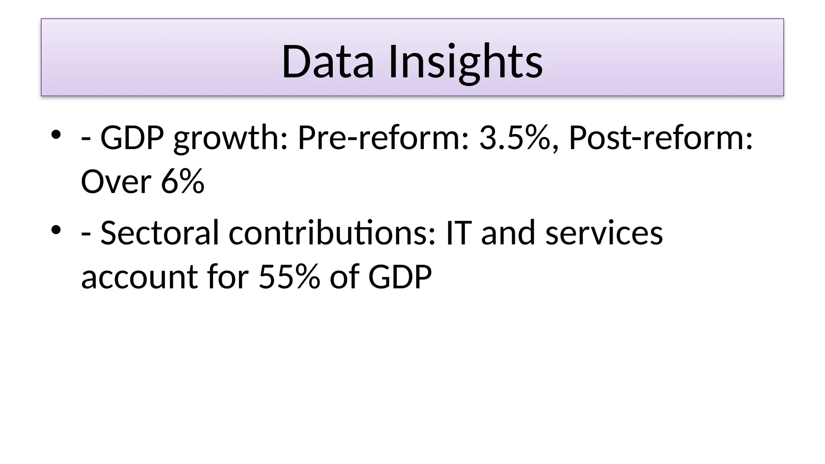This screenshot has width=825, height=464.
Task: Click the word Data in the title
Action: pyautogui.click(x=328, y=62)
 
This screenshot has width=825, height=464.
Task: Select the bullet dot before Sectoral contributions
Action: pyautogui.click(x=56, y=230)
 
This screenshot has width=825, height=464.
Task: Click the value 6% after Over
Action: pyautogui.click(x=182, y=182)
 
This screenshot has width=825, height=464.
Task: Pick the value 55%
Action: pyautogui.click(x=289, y=277)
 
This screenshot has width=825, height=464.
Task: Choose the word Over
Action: pyautogui.click(x=116, y=182)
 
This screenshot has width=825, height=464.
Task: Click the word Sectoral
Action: pyautogui.click(x=160, y=233)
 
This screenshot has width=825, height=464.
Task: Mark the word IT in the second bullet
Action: pyautogui.click(x=458, y=233)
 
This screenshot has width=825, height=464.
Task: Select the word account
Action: pyautogui.click(x=139, y=278)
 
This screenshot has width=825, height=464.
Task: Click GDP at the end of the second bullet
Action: pyautogui.click(x=400, y=277)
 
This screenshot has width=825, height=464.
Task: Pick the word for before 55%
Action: pyautogui.click(x=228, y=277)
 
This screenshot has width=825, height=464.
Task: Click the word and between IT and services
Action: pyautogui.click(x=508, y=233)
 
